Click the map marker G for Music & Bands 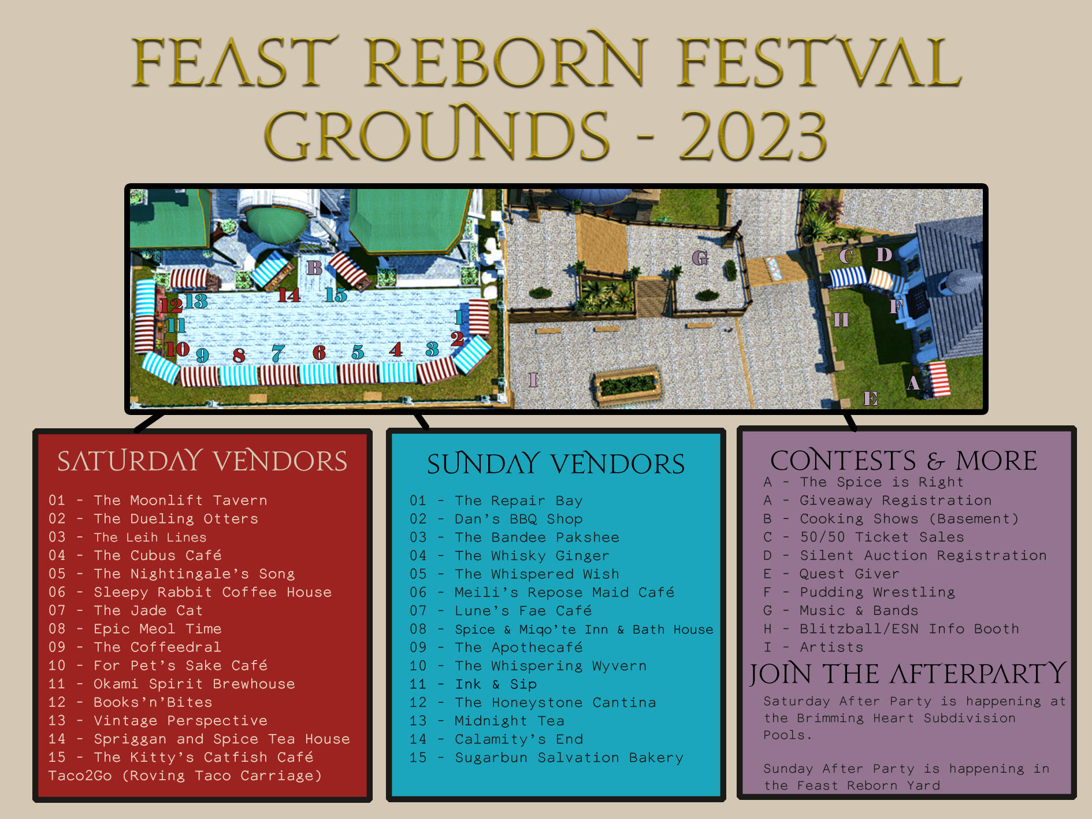point(700,258)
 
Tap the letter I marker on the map point(533,380)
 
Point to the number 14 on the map point(289,295)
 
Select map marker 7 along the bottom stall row point(278,353)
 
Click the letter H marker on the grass point(841,320)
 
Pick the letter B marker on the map point(314,268)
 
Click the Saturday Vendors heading point(202,461)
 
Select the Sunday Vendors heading point(555,464)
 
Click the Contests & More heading point(904,461)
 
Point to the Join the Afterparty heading point(907,674)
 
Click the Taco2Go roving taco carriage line point(185,776)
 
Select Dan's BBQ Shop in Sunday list point(518,519)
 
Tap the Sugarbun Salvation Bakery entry point(569,758)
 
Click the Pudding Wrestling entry point(877,592)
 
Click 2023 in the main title point(753,136)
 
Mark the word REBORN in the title point(504,62)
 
